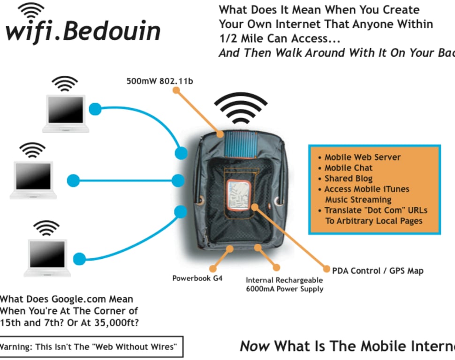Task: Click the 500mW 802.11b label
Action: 159,81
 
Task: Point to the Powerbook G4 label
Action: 197,278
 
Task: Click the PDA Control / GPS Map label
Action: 378,270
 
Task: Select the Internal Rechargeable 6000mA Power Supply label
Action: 284,285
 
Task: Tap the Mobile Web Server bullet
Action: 362,157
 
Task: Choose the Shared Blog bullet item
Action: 348,179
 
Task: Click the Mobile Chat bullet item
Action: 348,168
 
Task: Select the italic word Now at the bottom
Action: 255,346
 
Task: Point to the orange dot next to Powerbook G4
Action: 213,269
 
